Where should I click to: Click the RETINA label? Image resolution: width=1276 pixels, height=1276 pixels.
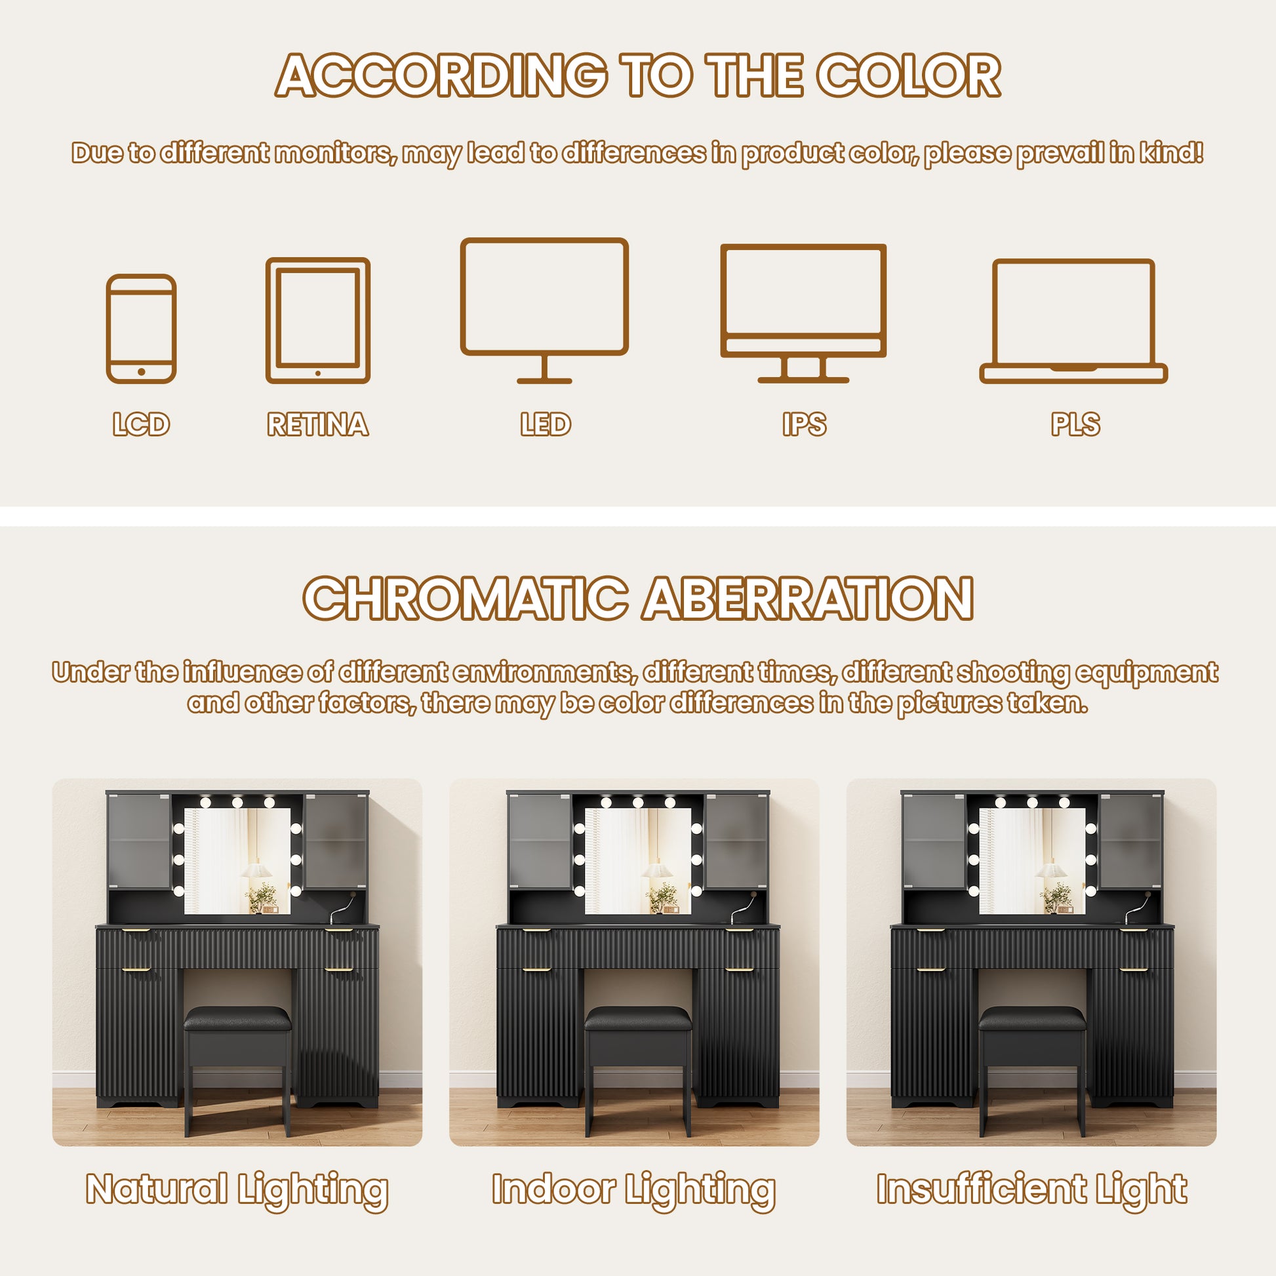coord(317,424)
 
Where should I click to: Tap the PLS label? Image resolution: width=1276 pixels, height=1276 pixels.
coord(1075,424)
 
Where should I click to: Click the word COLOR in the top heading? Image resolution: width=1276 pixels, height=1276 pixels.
coord(908,75)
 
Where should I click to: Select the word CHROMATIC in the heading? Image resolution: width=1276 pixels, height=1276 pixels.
coord(465,598)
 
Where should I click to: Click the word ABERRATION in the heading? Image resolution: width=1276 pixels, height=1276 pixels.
coord(808,598)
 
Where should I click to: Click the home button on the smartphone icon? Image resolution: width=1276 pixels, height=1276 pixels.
coord(142,372)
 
